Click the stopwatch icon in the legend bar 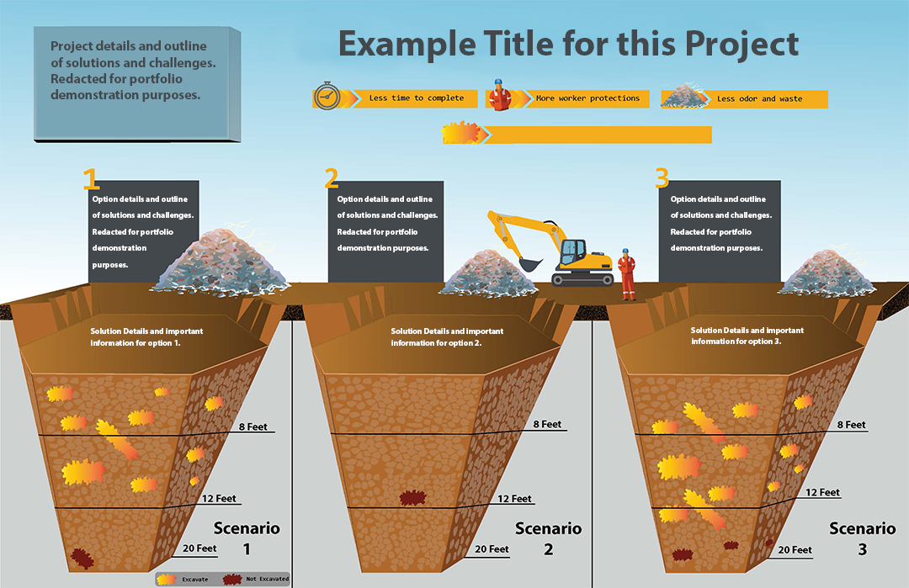pyautogui.click(x=327, y=98)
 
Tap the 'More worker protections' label pyautogui.click(x=587, y=98)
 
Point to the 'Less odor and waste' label pyautogui.click(x=759, y=99)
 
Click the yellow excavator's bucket pyautogui.click(x=529, y=263)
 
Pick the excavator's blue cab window pyautogui.click(x=573, y=249)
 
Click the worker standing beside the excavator pyautogui.click(x=626, y=273)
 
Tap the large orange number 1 pyautogui.click(x=91, y=178)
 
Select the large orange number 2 pyautogui.click(x=332, y=178)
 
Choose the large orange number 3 pyautogui.click(x=662, y=178)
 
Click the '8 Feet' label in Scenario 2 pyautogui.click(x=547, y=425)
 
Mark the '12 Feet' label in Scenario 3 pyautogui.click(x=822, y=493)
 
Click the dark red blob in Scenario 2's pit pyautogui.click(x=412, y=499)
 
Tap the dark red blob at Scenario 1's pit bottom pyautogui.click(x=82, y=558)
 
